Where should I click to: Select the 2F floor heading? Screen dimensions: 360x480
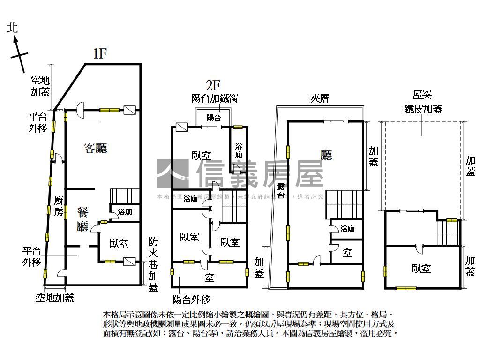coord(213,85)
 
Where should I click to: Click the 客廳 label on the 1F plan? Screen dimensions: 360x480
coord(96,148)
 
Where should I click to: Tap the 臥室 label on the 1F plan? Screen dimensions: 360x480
coord(119,243)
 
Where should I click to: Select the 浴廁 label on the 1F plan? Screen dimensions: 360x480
coord(125,212)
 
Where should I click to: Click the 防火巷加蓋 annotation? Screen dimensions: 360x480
coord(153,265)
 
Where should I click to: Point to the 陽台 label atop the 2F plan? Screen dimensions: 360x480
coord(213,118)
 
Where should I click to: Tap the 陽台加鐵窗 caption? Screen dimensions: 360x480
coord(215,98)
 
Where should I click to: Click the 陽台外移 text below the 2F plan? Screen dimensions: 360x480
coord(191,299)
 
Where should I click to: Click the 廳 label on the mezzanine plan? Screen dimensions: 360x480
coord(326,155)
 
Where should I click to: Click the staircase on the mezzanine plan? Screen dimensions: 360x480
coord(345,205)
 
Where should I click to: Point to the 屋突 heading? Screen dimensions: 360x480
coord(422,95)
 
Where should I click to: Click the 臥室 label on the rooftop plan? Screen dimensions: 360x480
coord(421,268)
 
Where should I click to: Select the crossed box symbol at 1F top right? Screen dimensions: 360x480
coord(130,111)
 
